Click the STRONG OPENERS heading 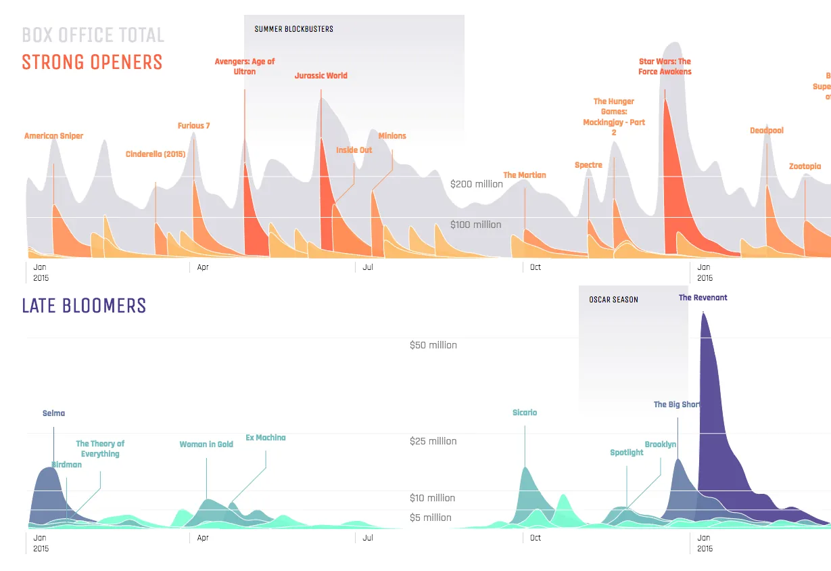[x=92, y=62]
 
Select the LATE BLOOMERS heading [x=84, y=306]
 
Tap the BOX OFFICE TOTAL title [x=93, y=35]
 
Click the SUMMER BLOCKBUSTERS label [x=293, y=29]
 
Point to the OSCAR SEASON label [x=613, y=300]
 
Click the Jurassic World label [x=321, y=76]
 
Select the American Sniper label [x=53, y=136]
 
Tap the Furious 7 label [x=194, y=126]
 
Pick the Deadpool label [x=767, y=131]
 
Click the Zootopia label [x=805, y=166]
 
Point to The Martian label [x=525, y=175]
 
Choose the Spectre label [x=588, y=165]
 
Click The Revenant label [x=703, y=298]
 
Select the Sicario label [x=525, y=413]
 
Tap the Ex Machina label [x=265, y=438]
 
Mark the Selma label [x=53, y=413]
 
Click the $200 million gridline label [x=477, y=184]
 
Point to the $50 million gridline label [x=433, y=345]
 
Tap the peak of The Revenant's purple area [x=704, y=313]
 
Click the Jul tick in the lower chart [x=368, y=538]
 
